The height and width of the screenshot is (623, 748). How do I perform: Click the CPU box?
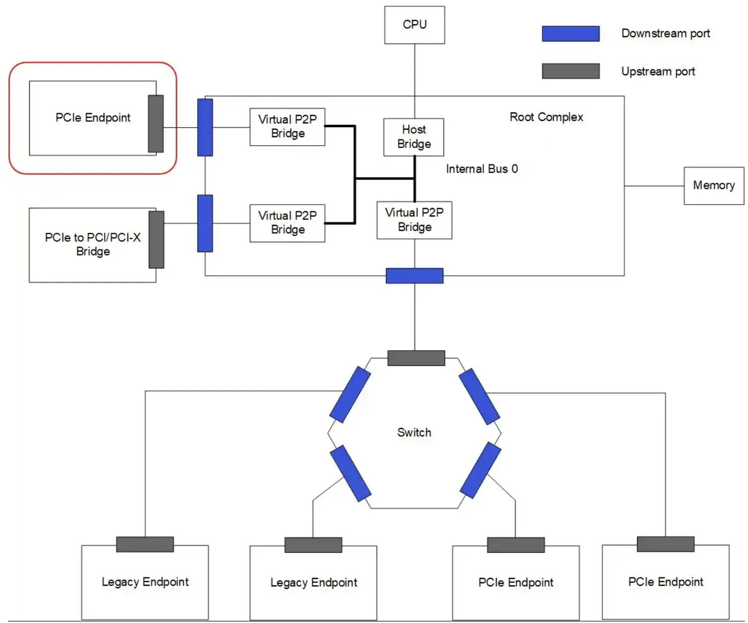tap(415, 25)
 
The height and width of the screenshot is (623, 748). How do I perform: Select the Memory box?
tap(713, 186)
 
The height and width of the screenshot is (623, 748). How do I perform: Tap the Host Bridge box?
tap(414, 137)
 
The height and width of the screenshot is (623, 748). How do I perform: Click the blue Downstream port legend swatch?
tap(570, 34)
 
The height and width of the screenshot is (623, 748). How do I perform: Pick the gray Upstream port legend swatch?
tap(570, 71)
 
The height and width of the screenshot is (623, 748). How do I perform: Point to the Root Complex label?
tap(546, 117)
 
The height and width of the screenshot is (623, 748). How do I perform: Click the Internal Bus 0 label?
tap(481, 169)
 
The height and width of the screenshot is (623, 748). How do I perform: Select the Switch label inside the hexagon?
tap(414, 433)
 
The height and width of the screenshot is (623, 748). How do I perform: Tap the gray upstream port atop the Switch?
tap(416, 358)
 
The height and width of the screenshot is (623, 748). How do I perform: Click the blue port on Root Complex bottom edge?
tap(415, 276)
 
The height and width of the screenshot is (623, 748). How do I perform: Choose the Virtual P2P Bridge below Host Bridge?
tap(414, 220)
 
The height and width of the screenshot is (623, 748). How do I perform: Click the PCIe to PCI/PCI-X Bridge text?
tap(93, 245)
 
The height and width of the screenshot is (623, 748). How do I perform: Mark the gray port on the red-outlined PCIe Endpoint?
tap(156, 124)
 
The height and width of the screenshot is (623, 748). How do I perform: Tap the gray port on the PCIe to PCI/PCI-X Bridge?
tap(157, 240)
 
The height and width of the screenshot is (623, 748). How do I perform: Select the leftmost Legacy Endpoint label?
tap(145, 582)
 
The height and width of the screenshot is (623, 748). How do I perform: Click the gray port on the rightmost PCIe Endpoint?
tap(665, 544)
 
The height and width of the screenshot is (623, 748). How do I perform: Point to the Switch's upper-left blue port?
tap(350, 394)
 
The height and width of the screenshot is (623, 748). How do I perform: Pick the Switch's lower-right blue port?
tap(481, 470)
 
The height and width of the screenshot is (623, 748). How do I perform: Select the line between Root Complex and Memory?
tap(654, 186)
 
